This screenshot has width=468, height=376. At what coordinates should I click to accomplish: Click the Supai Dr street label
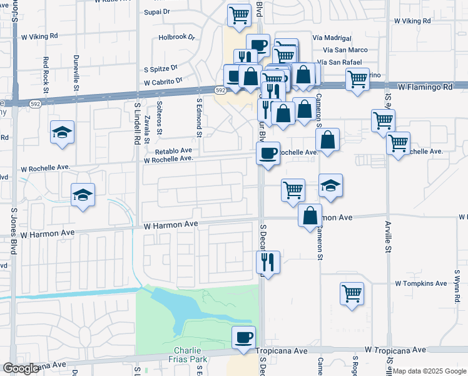pyautogui.click(x=157, y=12)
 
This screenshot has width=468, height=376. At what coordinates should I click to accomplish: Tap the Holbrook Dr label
pyautogui.click(x=172, y=37)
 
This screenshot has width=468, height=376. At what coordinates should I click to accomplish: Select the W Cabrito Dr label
pyautogui.click(x=163, y=81)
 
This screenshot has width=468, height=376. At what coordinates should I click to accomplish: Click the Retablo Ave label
pyautogui.click(x=173, y=151)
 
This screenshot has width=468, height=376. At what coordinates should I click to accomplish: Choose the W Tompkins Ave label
pyautogui.click(x=421, y=283)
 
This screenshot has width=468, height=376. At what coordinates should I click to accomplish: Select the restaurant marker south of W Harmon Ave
pyautogui.click(x=268, y=261)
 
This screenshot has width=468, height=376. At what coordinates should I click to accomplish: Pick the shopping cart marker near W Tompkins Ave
pyautogui.click(x=352, y=293)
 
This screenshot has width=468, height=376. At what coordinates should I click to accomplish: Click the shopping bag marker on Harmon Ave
pyautogui.click(x=310, y=216)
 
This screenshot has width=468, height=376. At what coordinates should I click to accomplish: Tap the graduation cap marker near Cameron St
pyautogui.click(x=330, y=185)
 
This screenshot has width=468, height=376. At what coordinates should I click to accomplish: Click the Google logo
pyautogui.click(x=21, y=368)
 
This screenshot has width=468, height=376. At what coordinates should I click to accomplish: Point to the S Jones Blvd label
pyautogui.click(x=13, y=232)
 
